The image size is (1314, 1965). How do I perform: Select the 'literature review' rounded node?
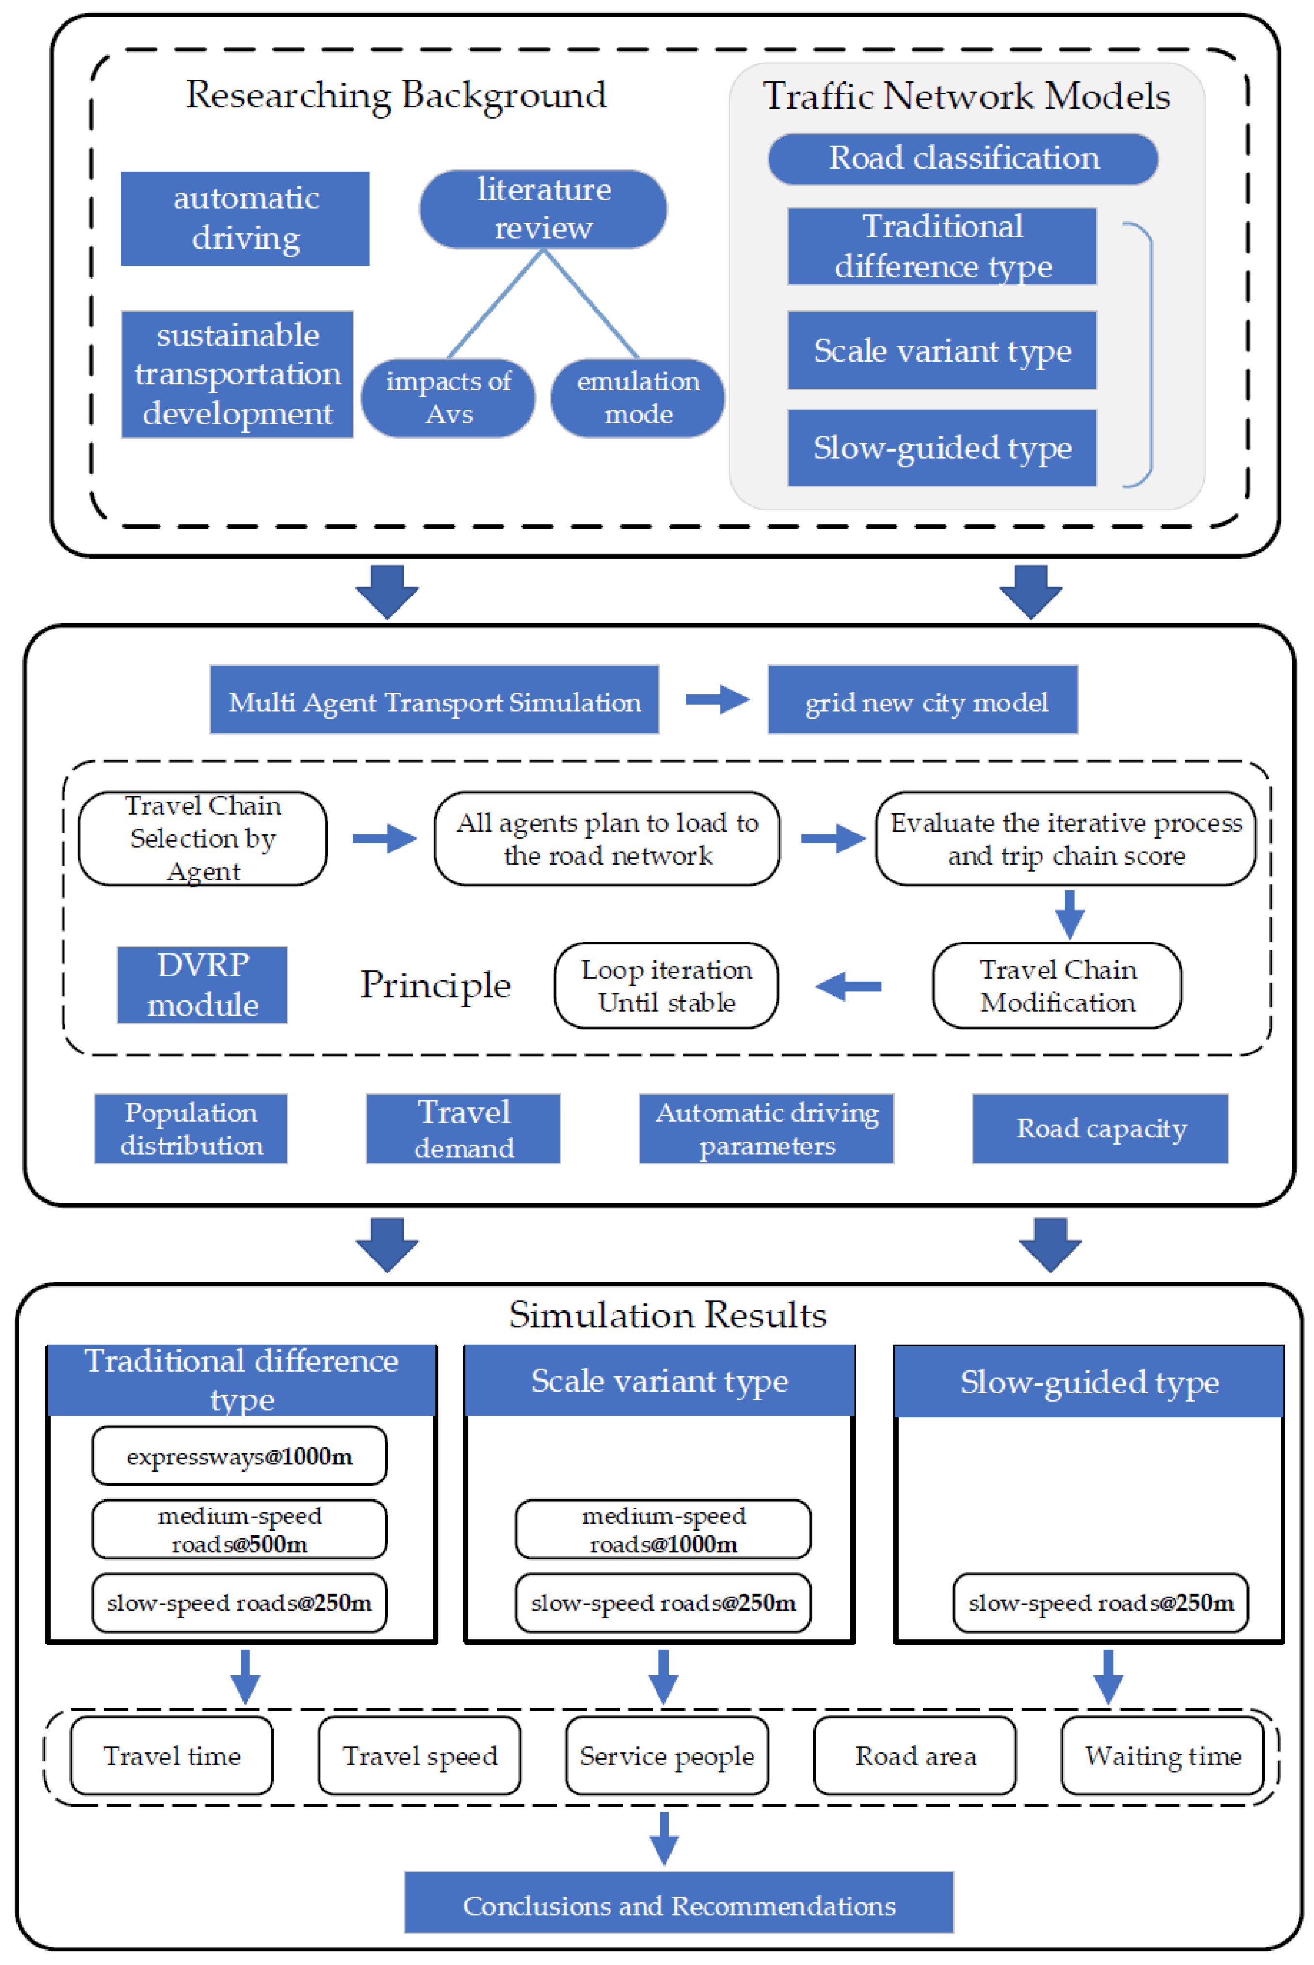543,208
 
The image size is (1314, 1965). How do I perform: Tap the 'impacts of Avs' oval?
449,398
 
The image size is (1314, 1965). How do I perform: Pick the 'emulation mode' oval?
638,398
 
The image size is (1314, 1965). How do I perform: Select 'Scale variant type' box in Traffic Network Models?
942,350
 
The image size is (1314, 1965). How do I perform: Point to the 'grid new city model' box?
923,700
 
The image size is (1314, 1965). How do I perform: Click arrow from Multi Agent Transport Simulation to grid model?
717,699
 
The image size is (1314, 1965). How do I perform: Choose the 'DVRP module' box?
202,985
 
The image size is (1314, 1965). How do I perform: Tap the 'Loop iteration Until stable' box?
666,985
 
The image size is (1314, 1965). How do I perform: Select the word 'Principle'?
435,985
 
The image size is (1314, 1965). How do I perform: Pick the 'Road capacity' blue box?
1100,1128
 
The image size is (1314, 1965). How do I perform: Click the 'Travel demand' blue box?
464,1128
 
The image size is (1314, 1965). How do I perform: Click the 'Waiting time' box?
1162,1756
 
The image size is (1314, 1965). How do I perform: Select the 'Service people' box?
667,1756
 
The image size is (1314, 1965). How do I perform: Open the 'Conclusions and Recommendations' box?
679,1905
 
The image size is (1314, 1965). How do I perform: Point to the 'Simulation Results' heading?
667,1314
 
